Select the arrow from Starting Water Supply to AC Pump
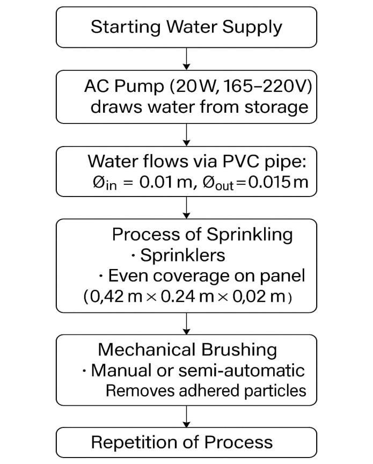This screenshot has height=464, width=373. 186,58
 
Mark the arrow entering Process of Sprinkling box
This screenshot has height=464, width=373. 186,207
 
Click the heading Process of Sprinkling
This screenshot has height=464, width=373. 202,234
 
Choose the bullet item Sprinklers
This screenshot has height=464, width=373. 182,255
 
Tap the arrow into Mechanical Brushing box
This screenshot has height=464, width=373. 186,323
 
